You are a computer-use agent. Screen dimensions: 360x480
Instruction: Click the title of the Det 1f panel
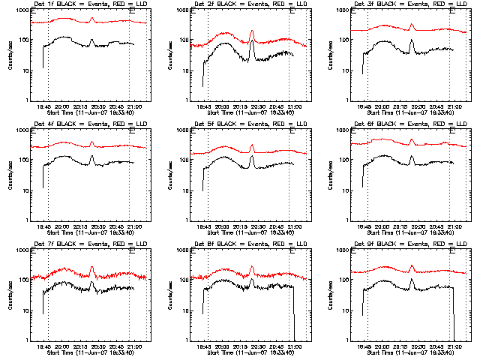pyautogui.click(x=91, y=5)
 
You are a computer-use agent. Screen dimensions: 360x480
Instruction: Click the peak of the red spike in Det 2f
pyautogui.click(x=252, y=31)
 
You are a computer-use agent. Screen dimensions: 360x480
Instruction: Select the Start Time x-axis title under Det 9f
pyautogui.click(x=411, y=352)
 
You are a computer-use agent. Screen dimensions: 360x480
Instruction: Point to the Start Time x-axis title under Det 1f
pyautogui.click(x=91, y=112)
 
